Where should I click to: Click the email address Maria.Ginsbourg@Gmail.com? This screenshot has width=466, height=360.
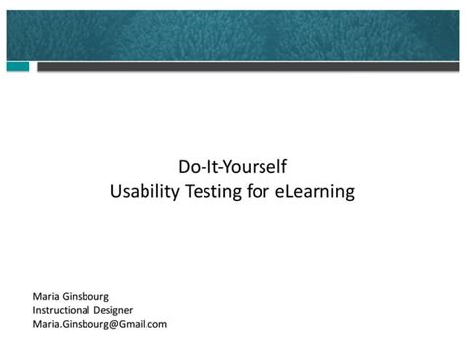pos(100,323)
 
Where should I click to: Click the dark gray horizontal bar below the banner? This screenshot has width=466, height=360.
pos(246,67)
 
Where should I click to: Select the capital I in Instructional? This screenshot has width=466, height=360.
pos(34,309)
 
